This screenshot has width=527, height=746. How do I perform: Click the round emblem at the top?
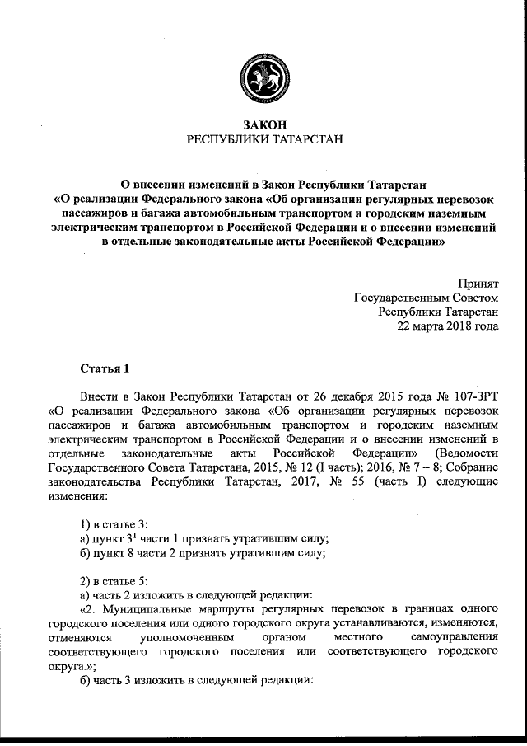[263, 79]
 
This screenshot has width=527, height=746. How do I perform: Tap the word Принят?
[478, 283]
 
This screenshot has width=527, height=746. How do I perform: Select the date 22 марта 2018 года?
[448, 326]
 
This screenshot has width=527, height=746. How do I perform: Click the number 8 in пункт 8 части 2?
[133, 553]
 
